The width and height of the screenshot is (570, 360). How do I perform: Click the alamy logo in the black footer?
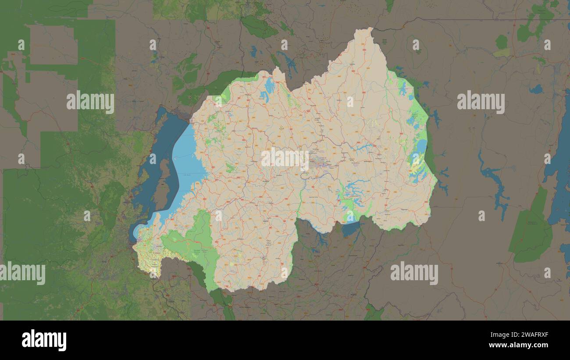click(44, 340)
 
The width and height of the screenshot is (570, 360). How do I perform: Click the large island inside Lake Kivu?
click(163, 184)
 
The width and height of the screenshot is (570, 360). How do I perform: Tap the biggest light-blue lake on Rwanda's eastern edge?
click(420, 147)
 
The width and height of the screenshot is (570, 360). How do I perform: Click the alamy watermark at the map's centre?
click(285, 159)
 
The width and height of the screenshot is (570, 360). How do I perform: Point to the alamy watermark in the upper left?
click(90, 102)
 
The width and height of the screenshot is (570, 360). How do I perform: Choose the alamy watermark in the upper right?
click(481, 102)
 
